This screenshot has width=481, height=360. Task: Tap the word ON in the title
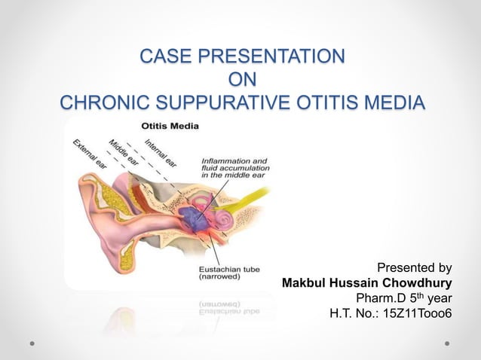click(x=240, y=79)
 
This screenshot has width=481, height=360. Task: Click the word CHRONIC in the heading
click(x=105, y=102)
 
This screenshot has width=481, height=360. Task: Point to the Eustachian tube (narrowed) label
click(x=229, y=271)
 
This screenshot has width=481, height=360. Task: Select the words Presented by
click(x=414, y=267)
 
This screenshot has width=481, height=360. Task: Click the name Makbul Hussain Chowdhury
click(x=366, y=283)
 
